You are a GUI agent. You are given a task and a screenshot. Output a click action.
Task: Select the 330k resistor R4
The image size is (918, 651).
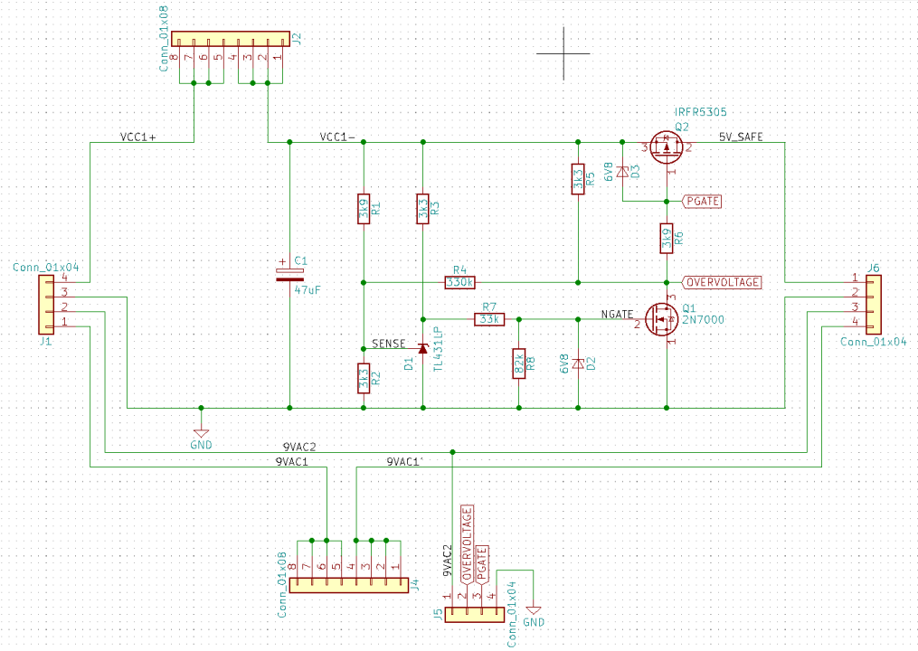[459, 281]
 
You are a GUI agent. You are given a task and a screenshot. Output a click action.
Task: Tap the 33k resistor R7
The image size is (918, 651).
[489, 319]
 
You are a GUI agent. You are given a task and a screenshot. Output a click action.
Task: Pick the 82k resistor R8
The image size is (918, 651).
[518, 363]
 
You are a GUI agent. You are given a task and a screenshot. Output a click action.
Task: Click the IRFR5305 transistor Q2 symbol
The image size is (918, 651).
[666, 146]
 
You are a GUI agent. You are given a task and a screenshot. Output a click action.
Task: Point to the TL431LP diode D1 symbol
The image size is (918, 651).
[421, 348]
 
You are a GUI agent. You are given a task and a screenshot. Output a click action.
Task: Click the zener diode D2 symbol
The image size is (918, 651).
[579, 363]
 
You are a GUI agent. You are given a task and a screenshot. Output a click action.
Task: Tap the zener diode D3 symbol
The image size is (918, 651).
[623, 172]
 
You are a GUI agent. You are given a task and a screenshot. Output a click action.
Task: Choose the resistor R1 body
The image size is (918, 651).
[363, 211]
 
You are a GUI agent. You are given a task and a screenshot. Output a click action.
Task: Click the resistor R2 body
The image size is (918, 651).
[363, 378]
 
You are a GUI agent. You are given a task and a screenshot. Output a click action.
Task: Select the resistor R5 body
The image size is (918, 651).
[578, 179]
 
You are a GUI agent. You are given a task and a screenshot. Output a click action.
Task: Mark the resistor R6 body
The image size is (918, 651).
[667, 238]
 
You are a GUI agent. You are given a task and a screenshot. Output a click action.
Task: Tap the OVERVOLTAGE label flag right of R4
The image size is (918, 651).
[721, 281]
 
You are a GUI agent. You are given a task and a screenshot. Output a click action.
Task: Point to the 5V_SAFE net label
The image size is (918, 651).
[741, 137]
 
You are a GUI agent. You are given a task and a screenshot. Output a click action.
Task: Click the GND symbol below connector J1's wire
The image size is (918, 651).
[201, 435]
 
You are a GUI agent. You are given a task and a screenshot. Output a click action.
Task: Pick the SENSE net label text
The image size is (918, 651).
[388, 344]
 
